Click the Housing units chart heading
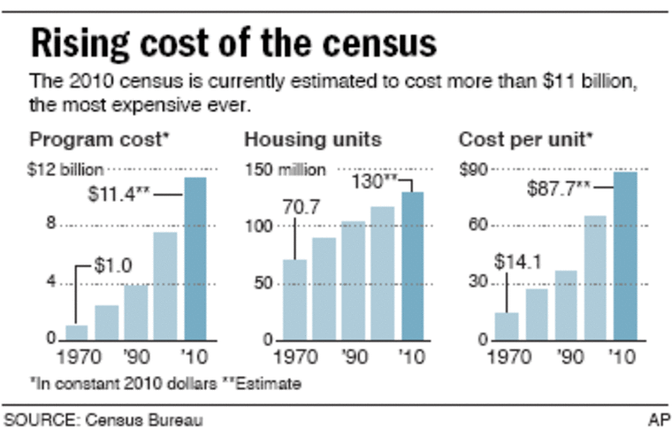pos(313,140)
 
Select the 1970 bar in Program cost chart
pos(77,333)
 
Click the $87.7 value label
pos(561,188)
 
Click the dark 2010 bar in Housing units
pos(412,265)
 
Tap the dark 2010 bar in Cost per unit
pos(625,256)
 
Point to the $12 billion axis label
pos(67,167)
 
